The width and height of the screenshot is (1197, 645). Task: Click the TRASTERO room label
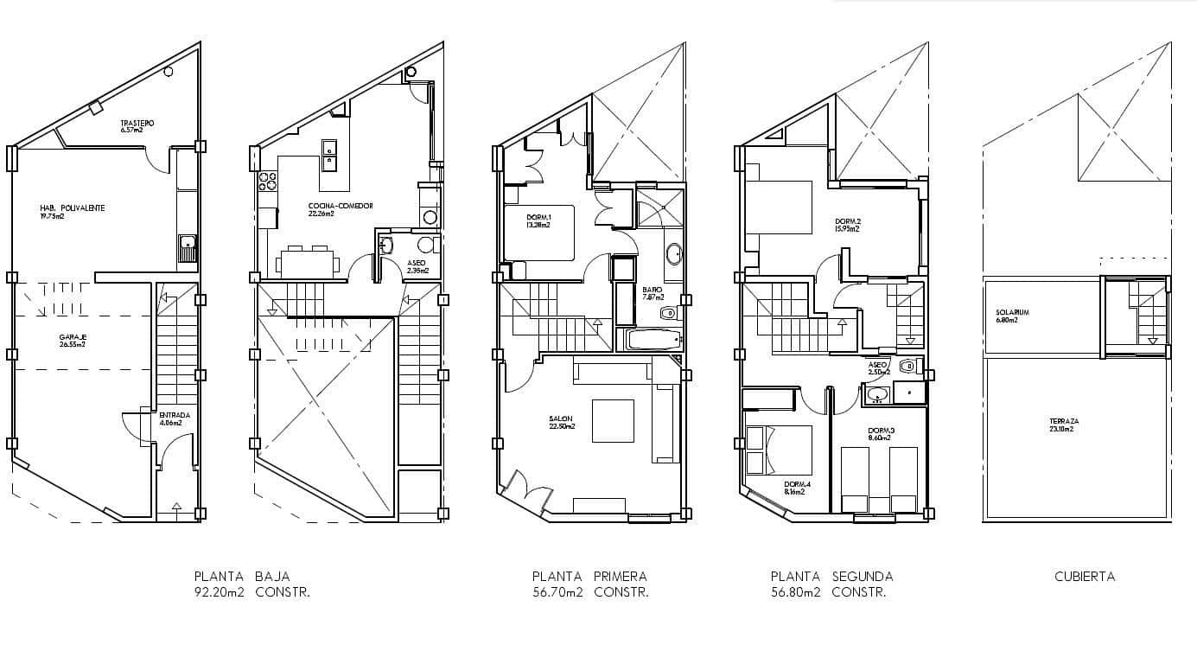pyautogui.click(x=137, y=124)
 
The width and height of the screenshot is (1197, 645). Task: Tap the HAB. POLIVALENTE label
pyautogui.click(x=73, y=208)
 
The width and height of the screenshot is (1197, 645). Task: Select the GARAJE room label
pyautogui.click(x=73, y=337)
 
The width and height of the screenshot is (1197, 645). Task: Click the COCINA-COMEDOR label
pyautogui.click(x=341, y=206)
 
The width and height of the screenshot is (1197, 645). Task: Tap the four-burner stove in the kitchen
pyautogui.click(x=267, y=182)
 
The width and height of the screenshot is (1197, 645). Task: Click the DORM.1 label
pyautogui.click(x=538, y=217)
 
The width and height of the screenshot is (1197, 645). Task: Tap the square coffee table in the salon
pyautogui.click(x=613, y=421)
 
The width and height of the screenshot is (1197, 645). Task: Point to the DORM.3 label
pyautogui.click(x=881, y=430)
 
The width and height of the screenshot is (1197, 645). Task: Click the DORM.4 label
pyautogui.click(x=795, y=484)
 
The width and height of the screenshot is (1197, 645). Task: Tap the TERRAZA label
pyautogui.click(x=1064, y=422)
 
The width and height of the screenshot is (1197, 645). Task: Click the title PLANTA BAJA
pyautogui.click(x=242, y=577)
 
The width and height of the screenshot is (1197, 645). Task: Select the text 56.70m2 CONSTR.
pyautogui.click(x=590, y=593)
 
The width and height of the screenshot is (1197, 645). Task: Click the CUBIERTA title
pyautogui.click(x=1085, y=577)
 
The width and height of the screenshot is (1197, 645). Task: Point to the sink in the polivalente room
pyautogui.click(x=188, y=247)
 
